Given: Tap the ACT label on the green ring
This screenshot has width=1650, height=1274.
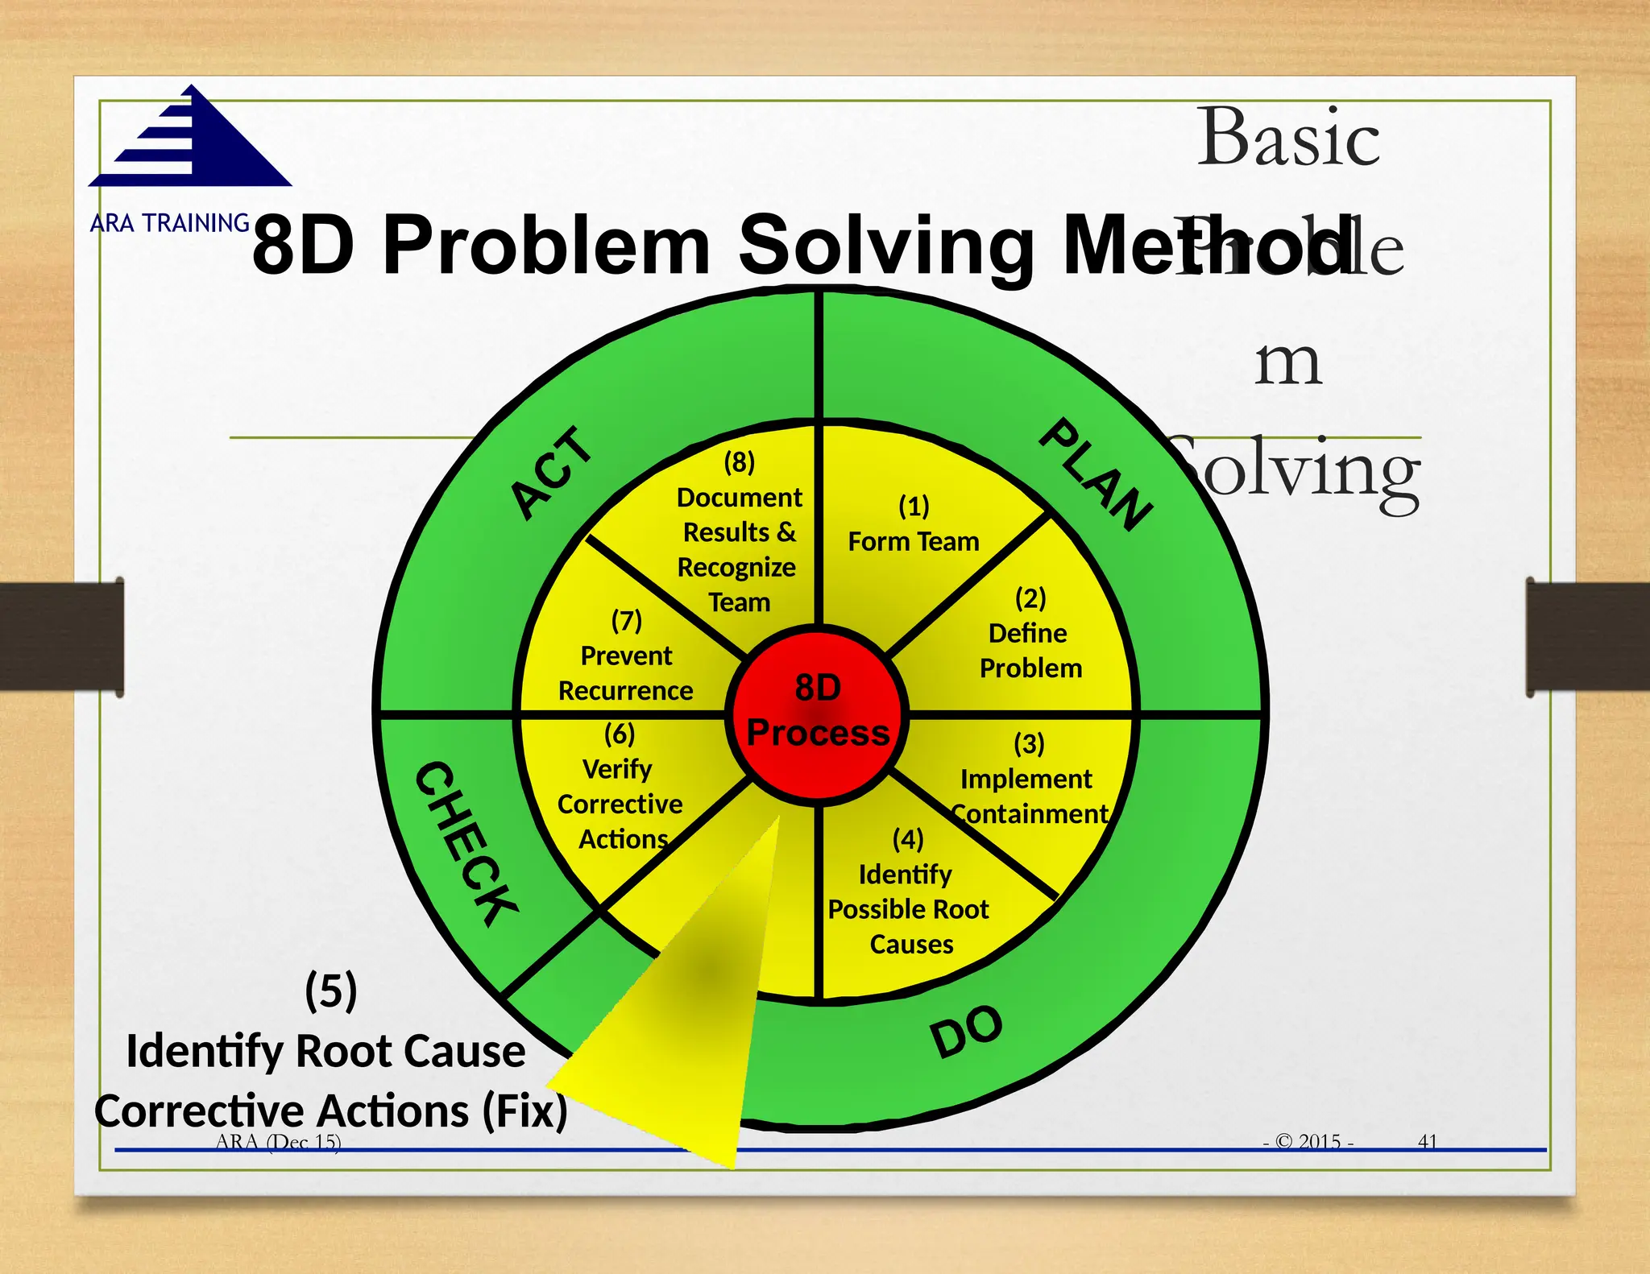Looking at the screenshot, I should [552, 474].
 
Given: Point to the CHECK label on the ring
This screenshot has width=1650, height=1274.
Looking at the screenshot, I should [466, 842].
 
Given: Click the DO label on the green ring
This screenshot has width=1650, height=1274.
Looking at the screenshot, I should [967, 1031].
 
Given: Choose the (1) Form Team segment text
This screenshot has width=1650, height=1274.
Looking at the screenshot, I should [914, 525].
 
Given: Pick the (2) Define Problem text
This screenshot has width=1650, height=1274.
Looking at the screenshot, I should [1030, 634].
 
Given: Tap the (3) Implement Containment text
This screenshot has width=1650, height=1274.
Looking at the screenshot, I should [1028, 780].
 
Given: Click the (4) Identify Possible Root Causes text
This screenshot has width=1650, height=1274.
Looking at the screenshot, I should [909, 892].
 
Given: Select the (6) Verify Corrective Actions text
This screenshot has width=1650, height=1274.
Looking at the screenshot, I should [620, 787].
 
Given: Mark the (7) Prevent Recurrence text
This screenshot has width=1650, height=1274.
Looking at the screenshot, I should [626, 656].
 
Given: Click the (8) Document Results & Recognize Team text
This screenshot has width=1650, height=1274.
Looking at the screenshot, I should [739, 532].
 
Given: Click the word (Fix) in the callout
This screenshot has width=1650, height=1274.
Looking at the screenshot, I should [525, 1111].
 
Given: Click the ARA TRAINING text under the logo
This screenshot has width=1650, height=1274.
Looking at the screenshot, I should [170, 223].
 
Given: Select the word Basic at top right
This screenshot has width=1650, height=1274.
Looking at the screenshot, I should [1288, 137].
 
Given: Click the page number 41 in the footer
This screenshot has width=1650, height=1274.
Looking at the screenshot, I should [1427, 1141].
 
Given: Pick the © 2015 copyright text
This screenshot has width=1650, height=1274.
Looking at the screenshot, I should [1309, 1141].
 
